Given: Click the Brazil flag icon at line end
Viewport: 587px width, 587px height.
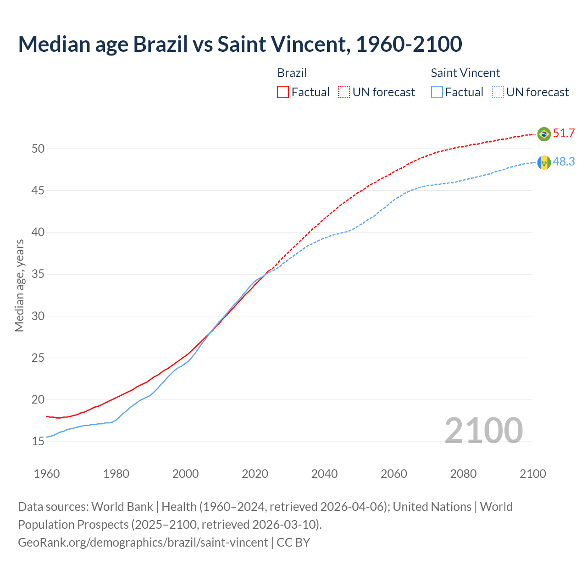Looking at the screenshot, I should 544,134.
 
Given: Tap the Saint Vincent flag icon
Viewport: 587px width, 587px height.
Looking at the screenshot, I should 544,162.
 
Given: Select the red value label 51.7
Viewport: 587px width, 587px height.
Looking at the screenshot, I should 564,133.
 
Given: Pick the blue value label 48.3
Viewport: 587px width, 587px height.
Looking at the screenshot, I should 564,162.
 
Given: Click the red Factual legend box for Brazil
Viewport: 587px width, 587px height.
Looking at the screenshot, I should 283,92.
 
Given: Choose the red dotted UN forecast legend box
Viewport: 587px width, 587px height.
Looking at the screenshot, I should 344,92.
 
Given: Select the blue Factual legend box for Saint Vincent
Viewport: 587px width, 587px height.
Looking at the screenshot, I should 437,92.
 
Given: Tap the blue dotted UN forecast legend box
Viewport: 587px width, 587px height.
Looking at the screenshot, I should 498,92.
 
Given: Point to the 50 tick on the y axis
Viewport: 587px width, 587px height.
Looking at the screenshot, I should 38,149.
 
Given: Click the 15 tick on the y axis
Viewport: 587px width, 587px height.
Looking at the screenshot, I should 38,442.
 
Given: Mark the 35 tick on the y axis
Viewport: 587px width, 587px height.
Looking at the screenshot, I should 38,274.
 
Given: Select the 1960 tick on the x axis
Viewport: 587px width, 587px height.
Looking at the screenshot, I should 47,474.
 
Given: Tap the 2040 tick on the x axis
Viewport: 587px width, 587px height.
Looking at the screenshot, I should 324,474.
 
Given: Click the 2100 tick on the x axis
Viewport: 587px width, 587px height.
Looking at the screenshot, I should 532,474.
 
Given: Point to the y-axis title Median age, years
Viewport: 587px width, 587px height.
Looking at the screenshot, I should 19,285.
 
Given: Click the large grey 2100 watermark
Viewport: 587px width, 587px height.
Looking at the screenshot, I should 483,430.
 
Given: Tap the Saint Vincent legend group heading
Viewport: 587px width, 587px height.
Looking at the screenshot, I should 465,73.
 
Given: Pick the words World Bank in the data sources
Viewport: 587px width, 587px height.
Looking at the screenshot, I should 122,507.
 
